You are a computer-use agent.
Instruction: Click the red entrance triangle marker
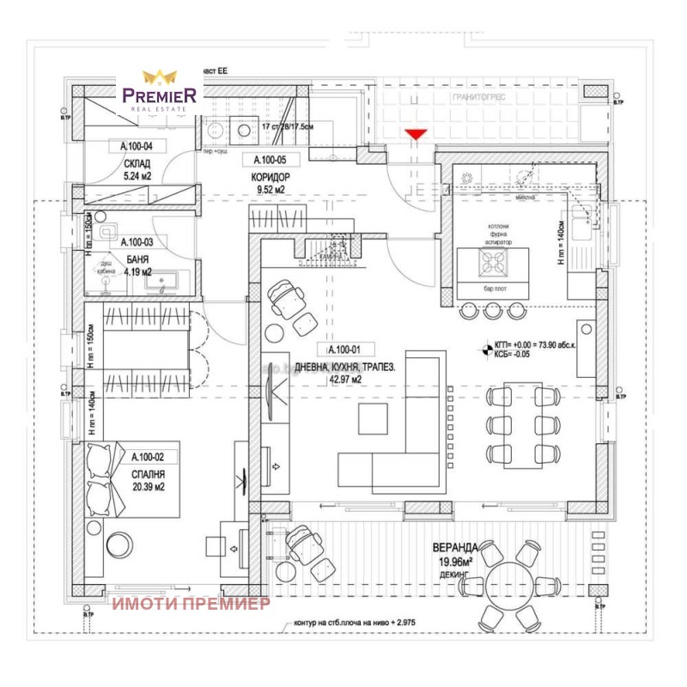(416, 133)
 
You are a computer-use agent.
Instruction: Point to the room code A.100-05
(270, 160)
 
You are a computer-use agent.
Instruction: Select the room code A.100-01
(350, 350)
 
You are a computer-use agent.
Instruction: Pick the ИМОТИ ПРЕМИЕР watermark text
(191, 604)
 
